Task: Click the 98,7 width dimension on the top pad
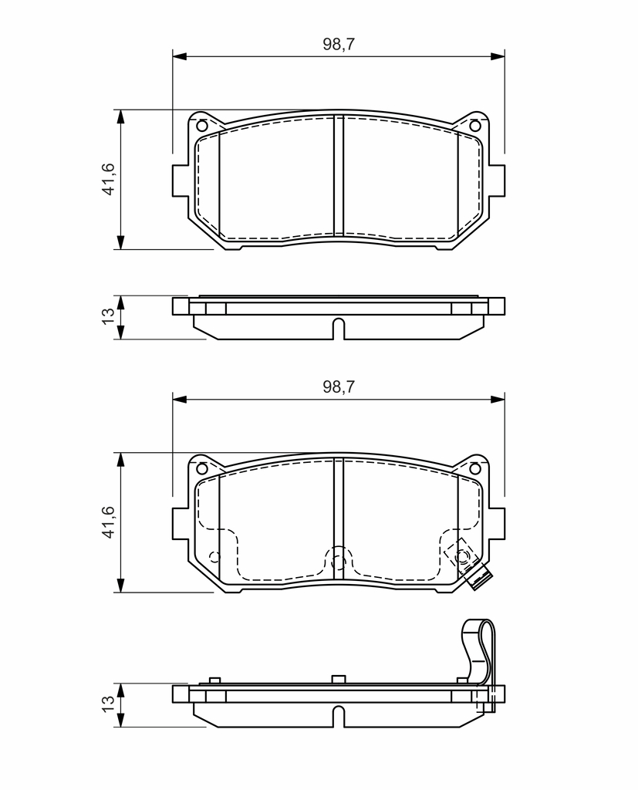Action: (x=339, y=44)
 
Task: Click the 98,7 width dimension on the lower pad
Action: (x=339, y=387)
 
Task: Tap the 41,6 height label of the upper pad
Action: (x=108, y=179)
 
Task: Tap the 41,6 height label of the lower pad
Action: (x=108, y=522)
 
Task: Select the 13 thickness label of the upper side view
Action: (x=108, y=316)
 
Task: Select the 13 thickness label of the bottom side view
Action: (x=108, y=704)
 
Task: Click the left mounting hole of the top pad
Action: (x=201, y=126)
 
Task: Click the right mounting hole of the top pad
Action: (x=474, y=126)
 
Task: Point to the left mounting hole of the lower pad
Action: (x=201, y=468)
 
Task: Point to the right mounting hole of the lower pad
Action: (x=474, y=468)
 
